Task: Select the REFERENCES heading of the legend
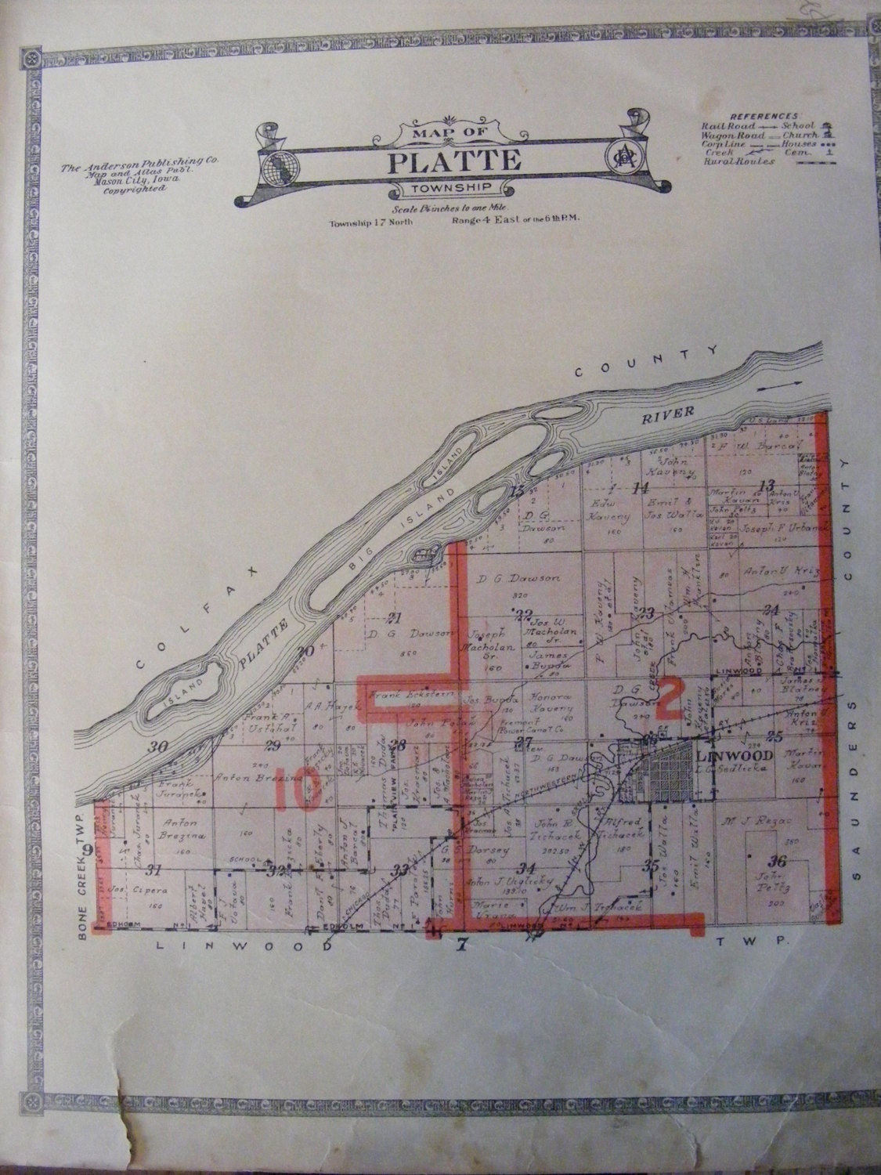[x=752, y=115]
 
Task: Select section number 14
[x=641, y=488]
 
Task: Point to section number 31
[x=154, y=869]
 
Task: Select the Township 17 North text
[x=370, y=222]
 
